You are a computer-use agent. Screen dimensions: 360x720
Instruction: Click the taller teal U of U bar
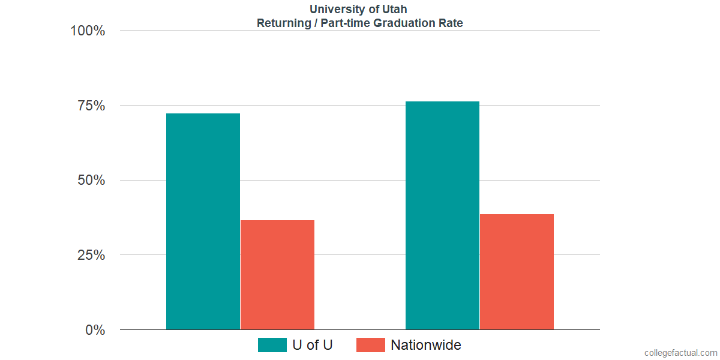click(442, 215)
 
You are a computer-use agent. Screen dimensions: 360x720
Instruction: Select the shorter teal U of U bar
click(203, 221)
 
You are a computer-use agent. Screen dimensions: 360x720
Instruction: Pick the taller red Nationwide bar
click(517, 272)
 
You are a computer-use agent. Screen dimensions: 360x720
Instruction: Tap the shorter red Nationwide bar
click(277, 275)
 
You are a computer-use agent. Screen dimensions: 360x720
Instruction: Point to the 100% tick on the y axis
click(88, 31)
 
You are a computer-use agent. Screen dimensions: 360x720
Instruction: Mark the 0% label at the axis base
click(95, 330)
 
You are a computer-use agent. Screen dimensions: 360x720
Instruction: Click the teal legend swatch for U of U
click(272, 345)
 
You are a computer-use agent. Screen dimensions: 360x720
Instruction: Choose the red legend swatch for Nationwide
click(370, 345)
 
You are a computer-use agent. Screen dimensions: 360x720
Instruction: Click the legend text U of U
click(312, 345)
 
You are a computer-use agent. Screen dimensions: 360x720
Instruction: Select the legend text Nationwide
click(426, 345)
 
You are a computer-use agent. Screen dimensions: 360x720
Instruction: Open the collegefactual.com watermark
click(680, 353)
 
